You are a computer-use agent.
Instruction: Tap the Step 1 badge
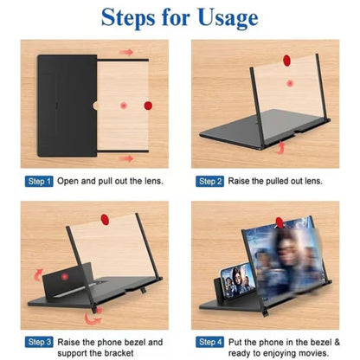[40, 182]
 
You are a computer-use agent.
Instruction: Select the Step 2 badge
[210, 182]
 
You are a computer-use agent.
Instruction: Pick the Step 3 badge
[40, 343]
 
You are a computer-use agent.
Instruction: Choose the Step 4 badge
[210, 343]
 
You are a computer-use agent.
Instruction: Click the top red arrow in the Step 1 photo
[127, 53]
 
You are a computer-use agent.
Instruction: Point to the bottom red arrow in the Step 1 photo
[128, 158]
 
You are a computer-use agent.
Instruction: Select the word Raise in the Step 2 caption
[243, 182]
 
